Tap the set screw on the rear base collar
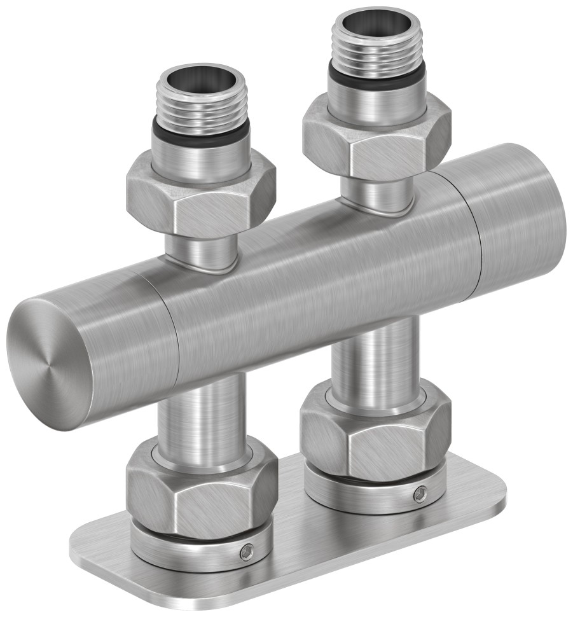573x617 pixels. [420, 494]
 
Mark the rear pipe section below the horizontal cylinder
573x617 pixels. [375, 356]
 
